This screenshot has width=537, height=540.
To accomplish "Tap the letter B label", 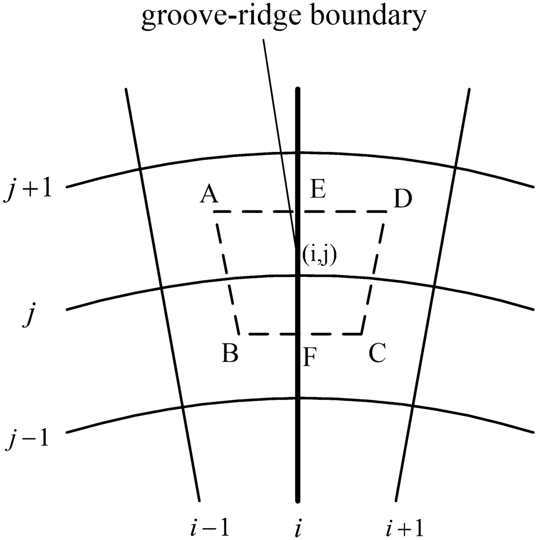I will pos(230,353).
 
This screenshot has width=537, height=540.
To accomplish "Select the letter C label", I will pos(377,353).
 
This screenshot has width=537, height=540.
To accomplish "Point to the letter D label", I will pos(403,199).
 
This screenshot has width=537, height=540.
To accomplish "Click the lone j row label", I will pos(29,318).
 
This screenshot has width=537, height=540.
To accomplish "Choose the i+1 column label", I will pos(405,528).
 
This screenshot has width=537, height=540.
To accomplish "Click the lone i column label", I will pos(297,528).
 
